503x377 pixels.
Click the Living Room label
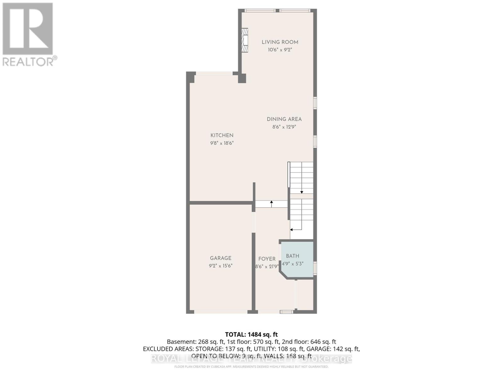280,42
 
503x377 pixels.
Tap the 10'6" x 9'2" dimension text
280,50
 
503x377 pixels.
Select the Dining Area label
284,119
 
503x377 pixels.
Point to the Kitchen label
222,135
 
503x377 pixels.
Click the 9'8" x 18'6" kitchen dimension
222,143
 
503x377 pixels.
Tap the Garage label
221,258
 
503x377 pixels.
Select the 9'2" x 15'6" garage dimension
221,266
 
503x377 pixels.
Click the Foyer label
267,259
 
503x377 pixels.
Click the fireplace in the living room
245,40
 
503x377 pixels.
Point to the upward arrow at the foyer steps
272,204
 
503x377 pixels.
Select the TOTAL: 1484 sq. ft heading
251,335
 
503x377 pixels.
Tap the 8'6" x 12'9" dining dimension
284,127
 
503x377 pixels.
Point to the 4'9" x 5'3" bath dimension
292,264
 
